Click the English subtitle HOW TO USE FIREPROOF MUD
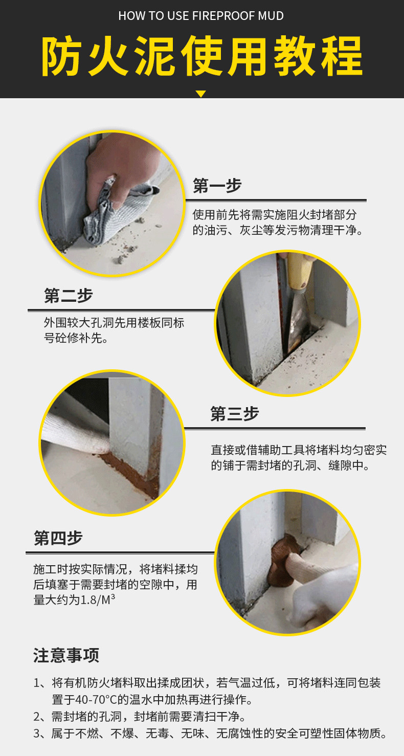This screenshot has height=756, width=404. (x=201, y=16)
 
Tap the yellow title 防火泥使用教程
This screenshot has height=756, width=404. (x=202, y=56)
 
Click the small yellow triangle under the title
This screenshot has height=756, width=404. (x=201, y=94)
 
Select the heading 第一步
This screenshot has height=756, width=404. (x=217, y=186)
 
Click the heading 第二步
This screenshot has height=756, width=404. (x=68, y=296)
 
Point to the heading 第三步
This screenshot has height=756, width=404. (x=235, y=414)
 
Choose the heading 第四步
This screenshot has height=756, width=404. (x=58, y=538)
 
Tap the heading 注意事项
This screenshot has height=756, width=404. (x=66, y=655)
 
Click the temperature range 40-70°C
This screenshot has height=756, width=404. (x=96, y=699)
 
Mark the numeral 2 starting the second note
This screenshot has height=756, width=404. (x=37, y=716)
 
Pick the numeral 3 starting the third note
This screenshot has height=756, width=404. (x=37, y=733)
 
